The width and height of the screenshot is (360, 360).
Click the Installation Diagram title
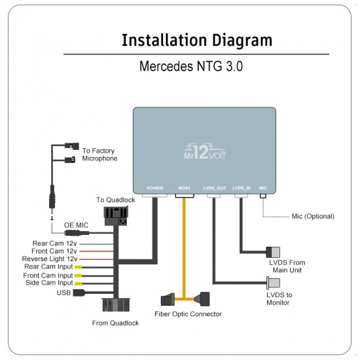(x=196, y=40)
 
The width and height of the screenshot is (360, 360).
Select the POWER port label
(x=156, y=188)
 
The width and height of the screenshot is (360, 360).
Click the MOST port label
(x=185, y=188)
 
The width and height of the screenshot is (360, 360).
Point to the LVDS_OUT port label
(x=214, y=188)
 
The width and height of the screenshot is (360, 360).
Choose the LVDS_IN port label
(x=242, y=188)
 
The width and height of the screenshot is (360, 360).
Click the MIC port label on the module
(x=262, y=188)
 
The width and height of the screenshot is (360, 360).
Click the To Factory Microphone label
(x=99, y=154)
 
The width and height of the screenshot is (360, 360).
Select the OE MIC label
(x=77, y=225)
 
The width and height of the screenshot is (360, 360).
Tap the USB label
(x=63, y=292)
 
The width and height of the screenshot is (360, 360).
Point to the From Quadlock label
(x=116, y=323)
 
